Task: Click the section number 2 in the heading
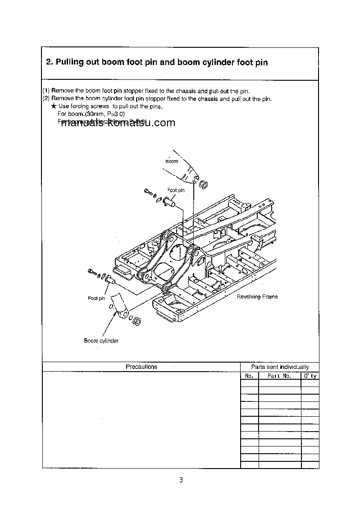pyautogui.click(x=49, y=62)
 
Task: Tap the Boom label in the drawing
pyautogui.click(x=172, y=161)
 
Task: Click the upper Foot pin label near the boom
pyautogui.click(x=176, y=190)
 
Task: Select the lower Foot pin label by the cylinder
pyautogui.click(x=96, y=298)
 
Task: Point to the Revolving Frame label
pyautogui.click(x=257, y=297)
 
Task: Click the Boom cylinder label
pyautogui.click(x=101, y=341)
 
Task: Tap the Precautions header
pyautogui.click(x=141, y=367)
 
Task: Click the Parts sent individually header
pyautogui.click(x=280, y=367)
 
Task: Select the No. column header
pyautogui.click(x=249, y=376)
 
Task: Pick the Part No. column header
pyautogui.click(x=279, y=376)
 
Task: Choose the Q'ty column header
pyautogui.click(x=310, y=376)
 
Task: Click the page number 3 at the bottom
pyautogui.click(x=181, y=480)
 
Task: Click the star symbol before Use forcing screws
pyautogui.click(x=54, y=106)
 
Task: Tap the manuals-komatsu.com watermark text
pyautogui.click(x=117, y=123)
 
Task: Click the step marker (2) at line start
pyautogui.click(x=46, y=98)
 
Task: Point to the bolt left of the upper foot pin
pyautogui.click(x=148, y=193)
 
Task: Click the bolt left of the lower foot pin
pyautogui.click(x=93, y=272)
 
